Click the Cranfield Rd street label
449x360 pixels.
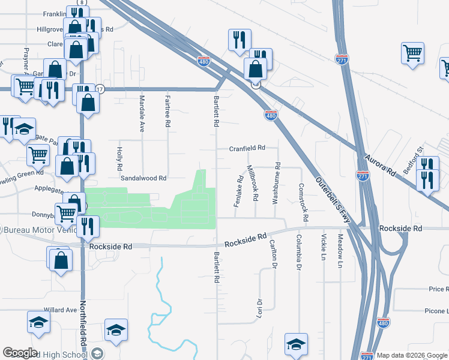tap(247, 148)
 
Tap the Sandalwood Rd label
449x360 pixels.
tap(143, 178)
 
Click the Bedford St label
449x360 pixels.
tap(414, 159)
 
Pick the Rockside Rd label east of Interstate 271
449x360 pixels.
tap(401, 229)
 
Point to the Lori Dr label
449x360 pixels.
tap(260, 310)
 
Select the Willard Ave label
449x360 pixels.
tap(64, 310)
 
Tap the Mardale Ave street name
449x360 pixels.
tap(142, 114)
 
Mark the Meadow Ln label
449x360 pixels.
tap(340, 251)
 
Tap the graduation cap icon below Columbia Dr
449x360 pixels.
tap(296, 344)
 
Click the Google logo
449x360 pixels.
tap(20, 353)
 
